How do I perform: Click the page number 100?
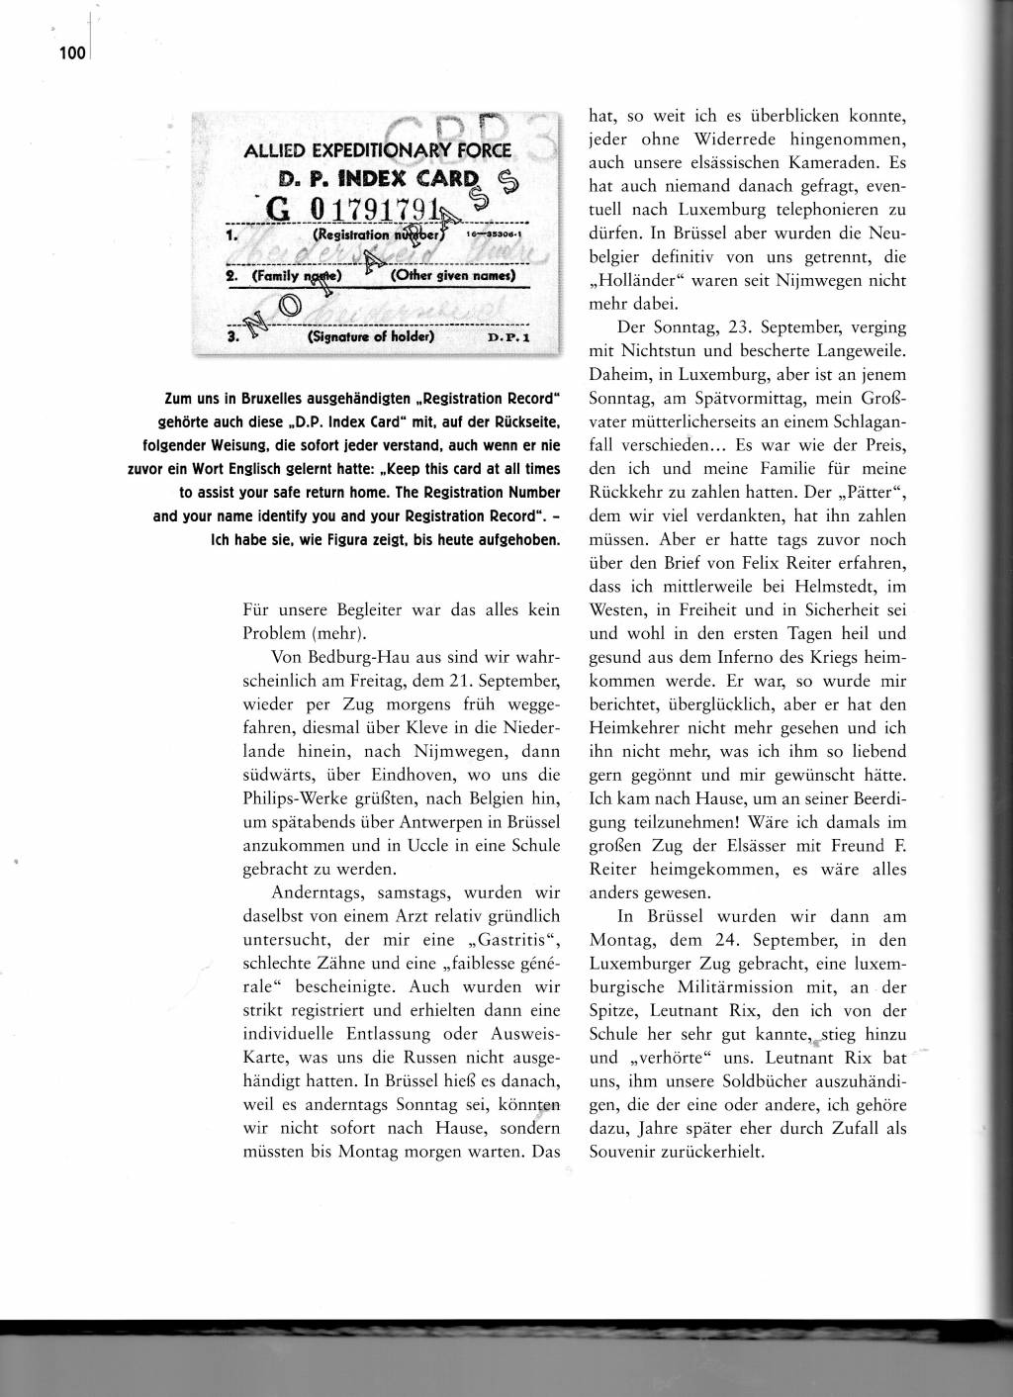pos(72,53)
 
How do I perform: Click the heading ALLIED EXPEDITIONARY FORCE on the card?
pos(377,151)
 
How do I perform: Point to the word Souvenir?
pos(628,1152)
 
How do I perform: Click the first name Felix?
pos(744,563)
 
